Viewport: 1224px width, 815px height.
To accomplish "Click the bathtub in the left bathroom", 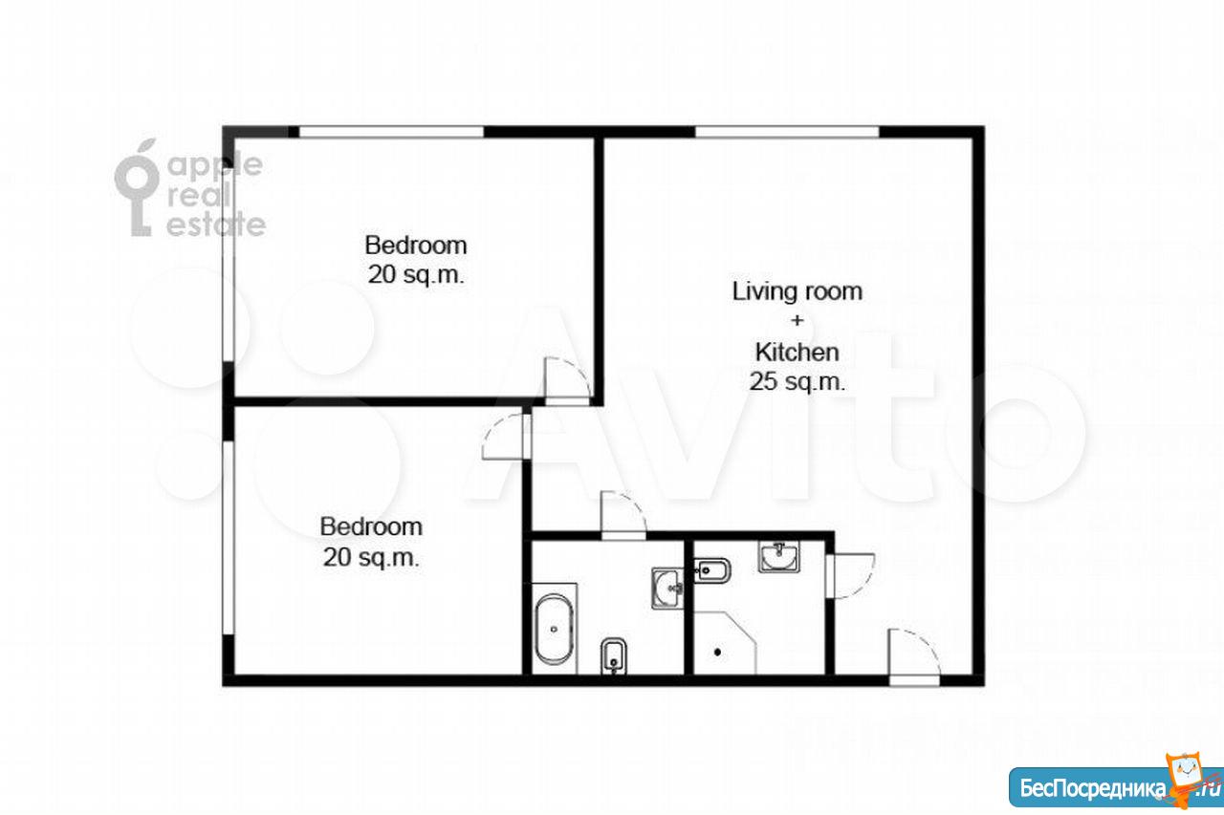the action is tap(554, 629).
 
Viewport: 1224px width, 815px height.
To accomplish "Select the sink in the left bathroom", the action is tap(667, 589).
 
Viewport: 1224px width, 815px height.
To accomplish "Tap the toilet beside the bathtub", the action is tap(613, 655).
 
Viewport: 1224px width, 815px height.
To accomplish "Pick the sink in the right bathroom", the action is tap(778, 556).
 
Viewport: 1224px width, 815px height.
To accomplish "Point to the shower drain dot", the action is tap(717, 652).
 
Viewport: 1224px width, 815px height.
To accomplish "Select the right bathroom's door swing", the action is tap(850, 576).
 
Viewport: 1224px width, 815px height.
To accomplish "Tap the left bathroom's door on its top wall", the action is tap(623, 516).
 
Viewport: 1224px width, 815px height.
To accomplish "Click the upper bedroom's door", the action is tap(567, 381).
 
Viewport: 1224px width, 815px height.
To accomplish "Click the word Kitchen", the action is tap(797, 353).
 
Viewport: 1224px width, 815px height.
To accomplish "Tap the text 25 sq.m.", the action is tap(797, 381).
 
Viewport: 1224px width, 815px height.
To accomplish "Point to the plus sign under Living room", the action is tap(798, 320).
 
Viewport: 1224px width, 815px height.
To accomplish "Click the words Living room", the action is tap(798, 291).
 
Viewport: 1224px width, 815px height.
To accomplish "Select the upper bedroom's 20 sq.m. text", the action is tap(416, 274).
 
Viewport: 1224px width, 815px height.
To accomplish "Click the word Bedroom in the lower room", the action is tap(371, 526).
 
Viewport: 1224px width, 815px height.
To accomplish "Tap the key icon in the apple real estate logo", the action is tap(137, 187).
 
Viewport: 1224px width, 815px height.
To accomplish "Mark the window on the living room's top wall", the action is tap(787, 132).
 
